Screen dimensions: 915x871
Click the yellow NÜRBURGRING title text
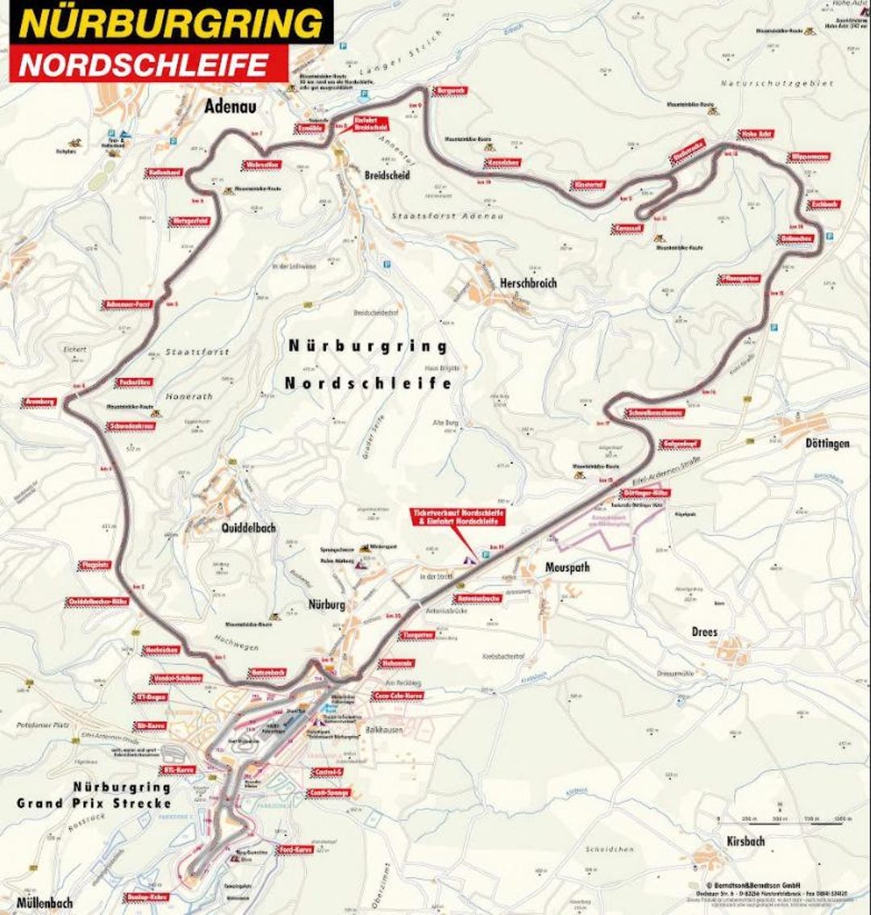[171, 23]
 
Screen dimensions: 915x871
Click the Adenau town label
[229, 106]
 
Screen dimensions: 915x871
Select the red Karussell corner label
[628, 229]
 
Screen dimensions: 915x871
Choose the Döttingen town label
[827, 443]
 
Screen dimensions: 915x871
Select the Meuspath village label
[566, 568]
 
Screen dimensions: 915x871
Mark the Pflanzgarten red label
[739, 279]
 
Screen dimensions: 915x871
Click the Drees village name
[703, 632]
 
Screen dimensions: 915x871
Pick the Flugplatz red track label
[94, 565]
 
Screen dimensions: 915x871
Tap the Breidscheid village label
[386, 175]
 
